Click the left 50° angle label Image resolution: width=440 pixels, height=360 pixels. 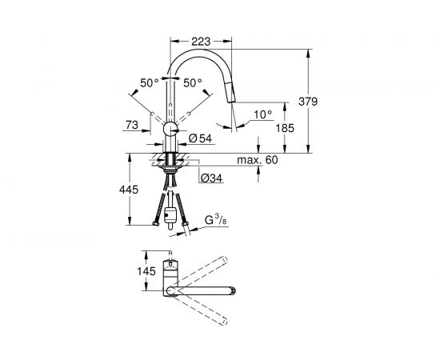[149, 82]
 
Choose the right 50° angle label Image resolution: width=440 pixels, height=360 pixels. [193, 82]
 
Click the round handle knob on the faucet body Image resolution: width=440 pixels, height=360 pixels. [170, 130]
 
